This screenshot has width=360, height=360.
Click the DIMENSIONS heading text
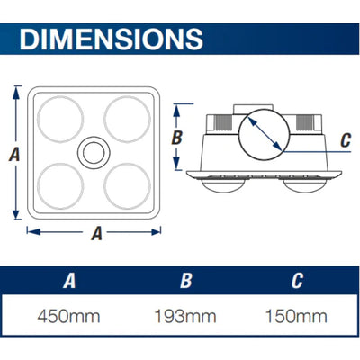coord(110,39)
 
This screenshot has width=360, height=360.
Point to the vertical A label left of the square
coord(13,154)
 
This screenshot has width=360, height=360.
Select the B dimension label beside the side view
coord(177,137)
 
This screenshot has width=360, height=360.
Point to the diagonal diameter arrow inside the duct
coord(265,138)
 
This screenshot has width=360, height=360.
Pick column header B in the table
coord(185,281)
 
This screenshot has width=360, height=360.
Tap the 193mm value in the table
coord(185,318)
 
